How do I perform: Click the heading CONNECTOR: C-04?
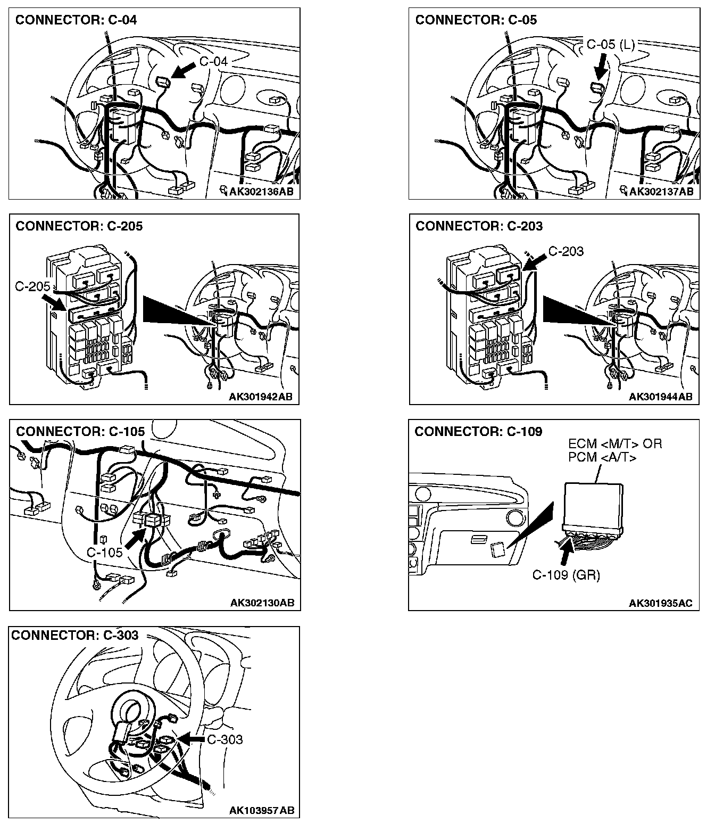(x=76, y=20)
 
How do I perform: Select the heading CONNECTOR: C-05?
(x=476, y=20)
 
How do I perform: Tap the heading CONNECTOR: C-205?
(x=79, y=226)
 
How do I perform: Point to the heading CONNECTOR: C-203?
(x=479, y=226)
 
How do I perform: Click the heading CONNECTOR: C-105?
(x=80, y=431)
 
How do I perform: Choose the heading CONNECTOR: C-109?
(x=478, y=431)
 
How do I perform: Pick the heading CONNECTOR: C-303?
(x=75, y=635)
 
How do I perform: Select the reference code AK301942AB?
(x=261, y=397)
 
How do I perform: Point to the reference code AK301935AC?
(x=661, y=603)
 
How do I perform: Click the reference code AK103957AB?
(x=261, y=811)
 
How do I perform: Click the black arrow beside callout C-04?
(x=184, y=70)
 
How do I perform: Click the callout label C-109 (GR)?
(x=566, y=575)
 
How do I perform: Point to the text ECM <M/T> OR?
(x=615, y=444)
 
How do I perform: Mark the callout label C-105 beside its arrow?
(x=104, y=552)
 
